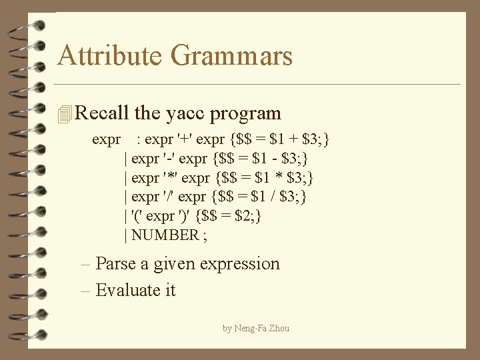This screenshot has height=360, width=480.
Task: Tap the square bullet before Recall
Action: pyautogui.click(x=64, y=115)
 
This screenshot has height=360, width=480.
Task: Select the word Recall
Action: pyautogui.click(x=103, y=113)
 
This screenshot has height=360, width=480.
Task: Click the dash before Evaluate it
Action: pyautogui.click(x=86, y=291)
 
